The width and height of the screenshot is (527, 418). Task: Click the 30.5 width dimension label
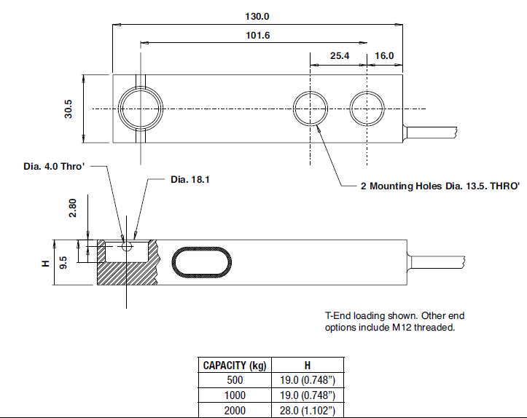coord(69,109)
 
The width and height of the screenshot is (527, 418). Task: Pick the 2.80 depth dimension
coord(71,210)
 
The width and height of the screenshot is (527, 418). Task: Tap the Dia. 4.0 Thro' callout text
coord(54,167)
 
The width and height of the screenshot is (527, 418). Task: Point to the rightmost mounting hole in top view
coord(367,109)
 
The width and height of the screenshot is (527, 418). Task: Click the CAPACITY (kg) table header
coord(234,366)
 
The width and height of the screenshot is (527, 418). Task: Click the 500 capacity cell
coord(234,381)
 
